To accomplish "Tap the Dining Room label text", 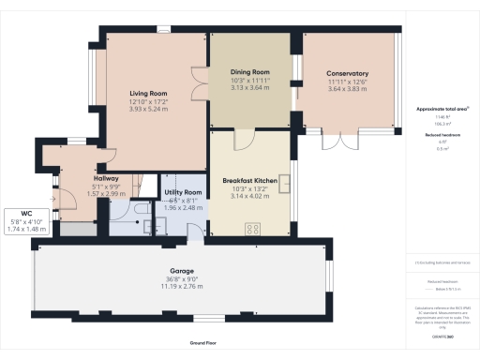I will [249, 71].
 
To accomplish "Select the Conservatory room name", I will [347, 73].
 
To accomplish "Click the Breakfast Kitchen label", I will [248, 180].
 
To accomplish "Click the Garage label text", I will [181, 270].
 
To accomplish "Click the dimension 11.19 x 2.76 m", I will [181, 285].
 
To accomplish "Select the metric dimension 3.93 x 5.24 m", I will [147, 108].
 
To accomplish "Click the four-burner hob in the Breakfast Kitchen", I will [253, 228].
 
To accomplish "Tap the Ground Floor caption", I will [202, 344].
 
